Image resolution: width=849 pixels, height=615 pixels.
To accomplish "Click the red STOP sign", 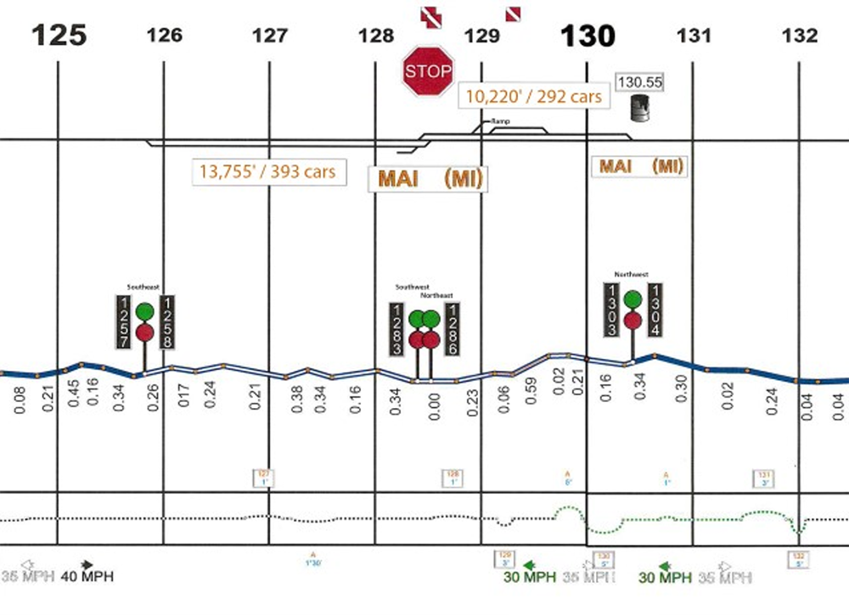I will pyautogui.click(x=427, y=71).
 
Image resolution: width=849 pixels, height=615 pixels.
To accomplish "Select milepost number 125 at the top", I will pyautogui.click(x=59, y=35).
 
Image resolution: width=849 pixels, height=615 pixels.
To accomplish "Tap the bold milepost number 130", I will pyautogui.click(x=588, y=35).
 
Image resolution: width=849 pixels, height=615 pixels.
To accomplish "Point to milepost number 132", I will pyautogui.click(x=801, y=36).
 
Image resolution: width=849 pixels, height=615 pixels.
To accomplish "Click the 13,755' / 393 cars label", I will pyautogui.click(x=267, y=171).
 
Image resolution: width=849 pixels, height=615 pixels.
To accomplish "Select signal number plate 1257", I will pyautogui.click(x=125, y=321).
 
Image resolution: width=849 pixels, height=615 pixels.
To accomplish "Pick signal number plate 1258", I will pyautogui.click(x=168, y=321).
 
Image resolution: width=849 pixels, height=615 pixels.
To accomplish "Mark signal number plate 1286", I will pyautogui.click(x=453, y=328).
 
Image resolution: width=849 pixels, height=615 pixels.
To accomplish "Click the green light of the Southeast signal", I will pyautogui.click(x=146, y=311).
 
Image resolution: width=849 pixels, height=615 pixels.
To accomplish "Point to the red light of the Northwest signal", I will pyautogui.click(x=633, y=320).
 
